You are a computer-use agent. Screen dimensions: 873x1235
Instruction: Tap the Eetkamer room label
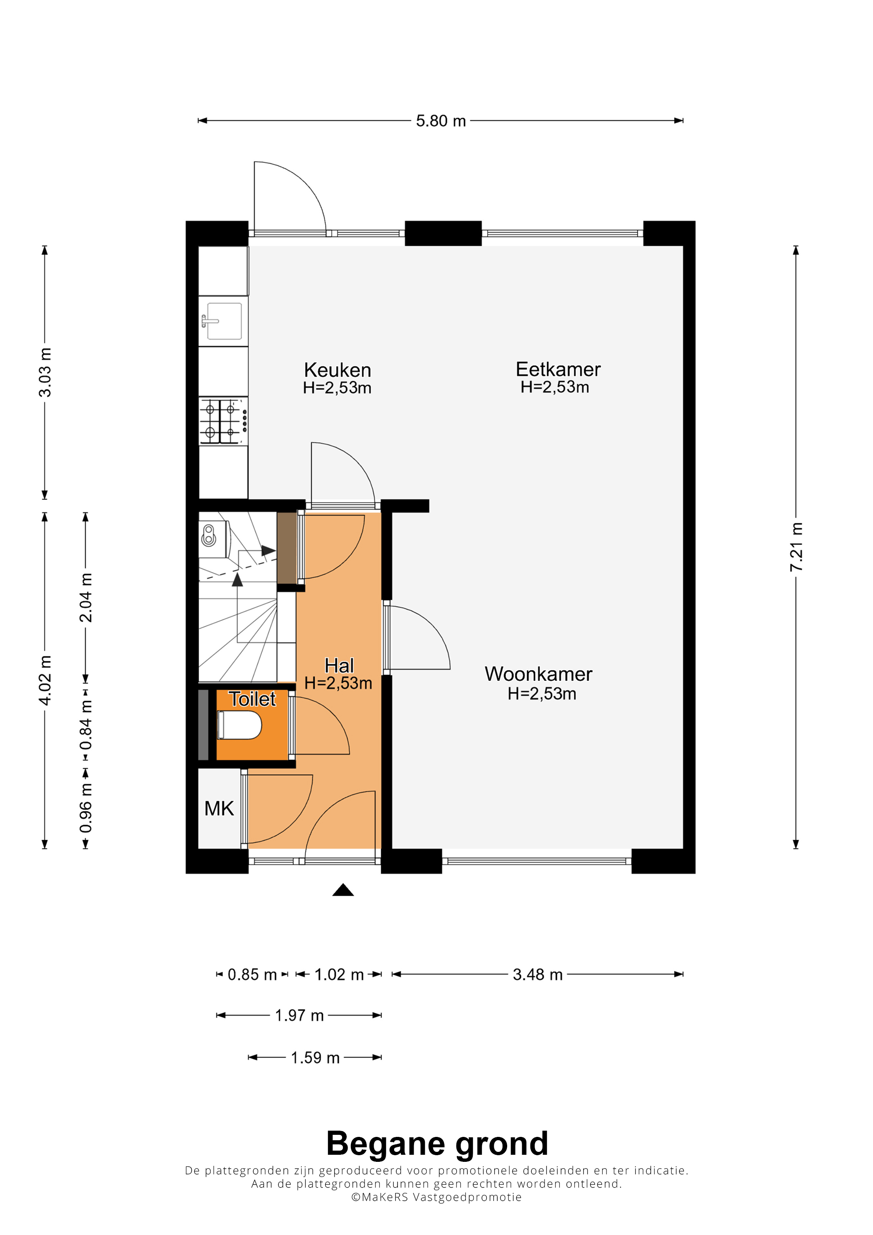(558, 370)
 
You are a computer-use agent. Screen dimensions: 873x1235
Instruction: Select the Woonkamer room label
(538, 674)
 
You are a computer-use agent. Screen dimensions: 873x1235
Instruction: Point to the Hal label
(339, 666)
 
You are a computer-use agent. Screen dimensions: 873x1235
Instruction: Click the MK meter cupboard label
(219, 809)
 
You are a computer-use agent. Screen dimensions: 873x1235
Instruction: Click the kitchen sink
(223, 321)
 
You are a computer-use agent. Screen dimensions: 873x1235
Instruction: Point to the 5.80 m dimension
(441, 121)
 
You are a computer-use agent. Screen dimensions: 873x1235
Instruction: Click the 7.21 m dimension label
(796, 547)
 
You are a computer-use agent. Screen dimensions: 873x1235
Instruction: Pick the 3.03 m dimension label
(45, 372)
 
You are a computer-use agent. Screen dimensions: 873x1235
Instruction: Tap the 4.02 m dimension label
(45, 680)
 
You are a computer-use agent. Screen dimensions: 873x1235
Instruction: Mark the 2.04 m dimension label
(86, 598)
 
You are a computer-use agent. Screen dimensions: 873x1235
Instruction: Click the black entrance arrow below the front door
(343, 890)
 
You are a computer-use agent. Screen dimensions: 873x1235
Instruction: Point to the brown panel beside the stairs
(287, 548)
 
